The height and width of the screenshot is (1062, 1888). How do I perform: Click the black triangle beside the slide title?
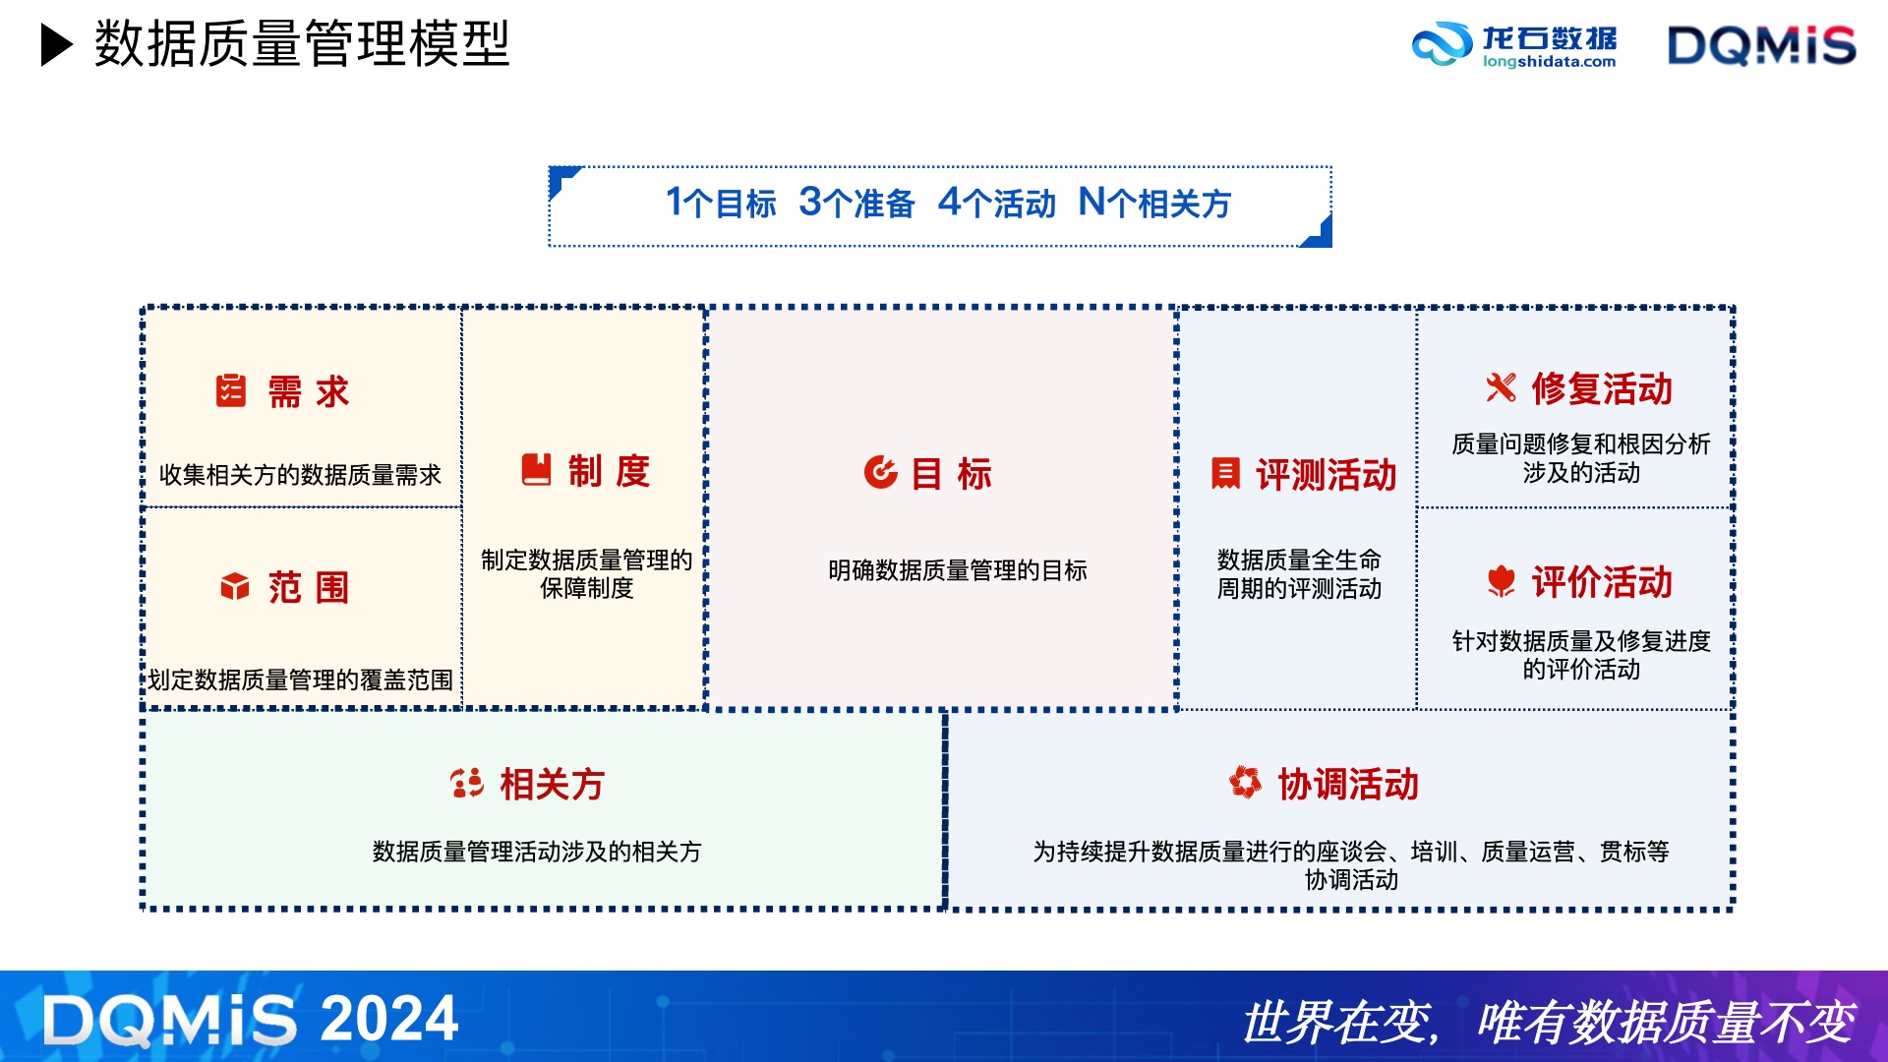(56, 45)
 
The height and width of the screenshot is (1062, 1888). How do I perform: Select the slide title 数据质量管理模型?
(302, 44)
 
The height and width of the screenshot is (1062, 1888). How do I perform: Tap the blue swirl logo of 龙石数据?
(1442, 44)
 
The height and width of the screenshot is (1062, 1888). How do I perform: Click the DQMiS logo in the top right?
(1761, 45)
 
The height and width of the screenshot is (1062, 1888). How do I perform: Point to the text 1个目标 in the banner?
(721, 203)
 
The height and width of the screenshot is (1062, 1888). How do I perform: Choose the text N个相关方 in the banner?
(1154, 203)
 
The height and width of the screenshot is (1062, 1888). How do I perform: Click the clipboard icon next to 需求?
(231, 390)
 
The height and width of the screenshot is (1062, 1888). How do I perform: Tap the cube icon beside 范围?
(235, 586)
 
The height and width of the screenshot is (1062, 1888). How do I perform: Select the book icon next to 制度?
(536, 469)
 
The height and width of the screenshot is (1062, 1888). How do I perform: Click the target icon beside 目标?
(880, 472)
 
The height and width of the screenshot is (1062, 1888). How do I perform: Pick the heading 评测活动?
(1326, 475)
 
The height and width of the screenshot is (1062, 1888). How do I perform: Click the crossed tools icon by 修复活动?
(1501, 387)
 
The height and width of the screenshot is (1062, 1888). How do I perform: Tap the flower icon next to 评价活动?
(1501, 581)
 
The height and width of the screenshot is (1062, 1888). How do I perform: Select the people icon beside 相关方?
(467, 783)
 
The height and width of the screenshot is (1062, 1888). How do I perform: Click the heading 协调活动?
(1347, 785)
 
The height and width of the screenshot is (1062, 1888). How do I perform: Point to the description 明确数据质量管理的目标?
(958, 570)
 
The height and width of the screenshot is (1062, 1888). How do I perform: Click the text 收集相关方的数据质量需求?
(301, 475)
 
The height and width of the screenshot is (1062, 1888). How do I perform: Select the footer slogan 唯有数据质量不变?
(1666, 1022)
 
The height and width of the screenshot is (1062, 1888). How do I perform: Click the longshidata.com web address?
(1549, 61)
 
